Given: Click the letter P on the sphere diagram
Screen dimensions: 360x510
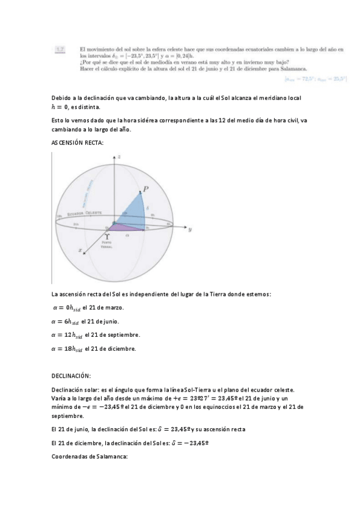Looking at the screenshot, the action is pos(144,189).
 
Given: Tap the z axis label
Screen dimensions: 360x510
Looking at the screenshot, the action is pos(120,156).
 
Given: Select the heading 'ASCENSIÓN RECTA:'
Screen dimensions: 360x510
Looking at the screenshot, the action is pos(78,143).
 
